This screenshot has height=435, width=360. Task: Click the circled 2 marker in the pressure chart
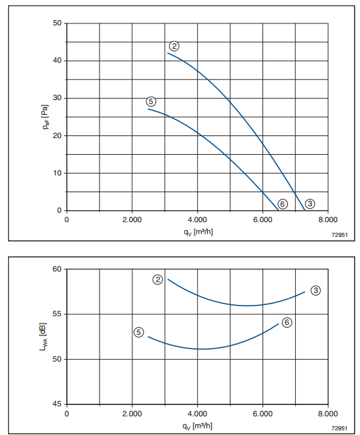coord(174,46)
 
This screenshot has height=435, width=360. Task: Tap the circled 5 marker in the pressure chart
coord(151,101)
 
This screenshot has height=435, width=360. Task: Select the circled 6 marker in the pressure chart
coord(283,204)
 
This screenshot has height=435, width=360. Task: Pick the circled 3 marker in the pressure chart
coord(310,203)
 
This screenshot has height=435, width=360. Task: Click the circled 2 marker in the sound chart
coord(158,280)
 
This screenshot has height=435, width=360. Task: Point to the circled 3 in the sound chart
coord(315,290)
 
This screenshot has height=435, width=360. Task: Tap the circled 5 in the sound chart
coord(139,332)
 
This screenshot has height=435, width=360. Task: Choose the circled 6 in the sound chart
coord(287,322)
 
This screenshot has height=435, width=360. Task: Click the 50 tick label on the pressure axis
coord(57,23)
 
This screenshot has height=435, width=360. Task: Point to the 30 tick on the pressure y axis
coord(57,98)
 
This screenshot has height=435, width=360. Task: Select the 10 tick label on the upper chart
coord(57,173)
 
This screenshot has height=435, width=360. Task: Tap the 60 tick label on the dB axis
coord(57,269)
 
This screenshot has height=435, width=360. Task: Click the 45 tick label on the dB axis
coord(57,404)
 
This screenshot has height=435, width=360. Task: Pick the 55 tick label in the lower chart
coord(57,314)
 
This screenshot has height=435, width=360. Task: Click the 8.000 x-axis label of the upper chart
coord(328,220)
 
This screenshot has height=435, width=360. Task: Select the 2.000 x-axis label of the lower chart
coord(132,414)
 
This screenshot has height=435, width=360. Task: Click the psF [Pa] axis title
coord(45,117)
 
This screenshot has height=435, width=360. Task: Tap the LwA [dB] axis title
coord(43,336)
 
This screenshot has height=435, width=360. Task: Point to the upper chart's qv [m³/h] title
coord(198,232)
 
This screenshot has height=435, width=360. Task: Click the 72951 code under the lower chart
coord(339,428)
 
